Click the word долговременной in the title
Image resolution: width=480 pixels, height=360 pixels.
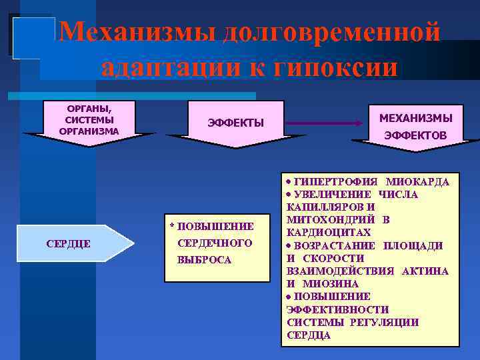333,32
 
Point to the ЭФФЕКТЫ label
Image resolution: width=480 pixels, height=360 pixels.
235,123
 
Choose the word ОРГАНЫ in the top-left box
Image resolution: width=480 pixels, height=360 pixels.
89,108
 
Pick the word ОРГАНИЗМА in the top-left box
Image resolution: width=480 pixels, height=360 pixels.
89,131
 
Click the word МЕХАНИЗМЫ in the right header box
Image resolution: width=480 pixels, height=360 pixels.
415,118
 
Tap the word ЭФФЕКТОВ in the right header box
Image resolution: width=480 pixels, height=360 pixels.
415,136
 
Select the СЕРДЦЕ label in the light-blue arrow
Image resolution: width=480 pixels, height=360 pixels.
69,243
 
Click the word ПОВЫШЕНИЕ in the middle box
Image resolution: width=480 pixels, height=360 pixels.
215,227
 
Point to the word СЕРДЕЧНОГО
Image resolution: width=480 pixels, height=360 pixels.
215,243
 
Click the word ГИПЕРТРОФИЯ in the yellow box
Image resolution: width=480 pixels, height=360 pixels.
336,182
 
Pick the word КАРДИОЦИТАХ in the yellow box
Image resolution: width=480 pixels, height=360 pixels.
328,233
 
